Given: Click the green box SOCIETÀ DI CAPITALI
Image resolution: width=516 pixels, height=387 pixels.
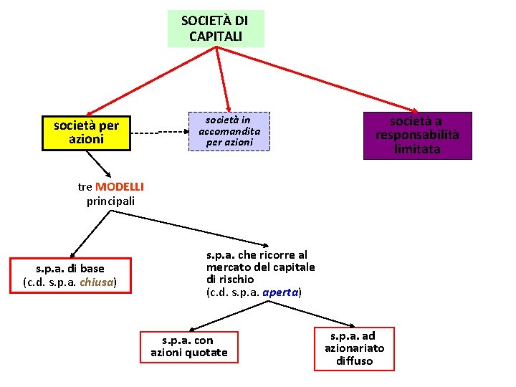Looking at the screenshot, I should pyautogui.click(x=216, y=29).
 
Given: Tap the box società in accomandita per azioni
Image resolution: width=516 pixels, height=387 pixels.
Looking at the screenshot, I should pyautogui.click(x=229, y=131).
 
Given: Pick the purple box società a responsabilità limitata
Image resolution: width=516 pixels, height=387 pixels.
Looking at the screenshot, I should pyautogui.click(x=417, y=135).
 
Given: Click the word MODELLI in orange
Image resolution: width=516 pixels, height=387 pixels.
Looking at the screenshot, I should pyautogui.click(x=120, y=187).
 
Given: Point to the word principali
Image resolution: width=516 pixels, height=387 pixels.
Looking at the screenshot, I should pyautogui.click(x=110, y=201).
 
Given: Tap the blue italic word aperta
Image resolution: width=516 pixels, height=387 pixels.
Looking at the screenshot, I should pyautogui.click(x=280, y=292).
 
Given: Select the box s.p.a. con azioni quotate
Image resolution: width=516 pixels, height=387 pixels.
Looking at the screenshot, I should pyautogui.click(x=189, y=346).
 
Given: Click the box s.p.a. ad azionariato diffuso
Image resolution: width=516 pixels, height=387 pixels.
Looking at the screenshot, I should pyautogui.click(x=354, y=348).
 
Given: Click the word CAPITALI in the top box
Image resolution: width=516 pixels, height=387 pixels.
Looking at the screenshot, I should pyautogui.click(x=216, y=36).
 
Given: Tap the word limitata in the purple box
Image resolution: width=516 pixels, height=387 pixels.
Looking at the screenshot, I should pyautogui.click(x=417, y=150).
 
